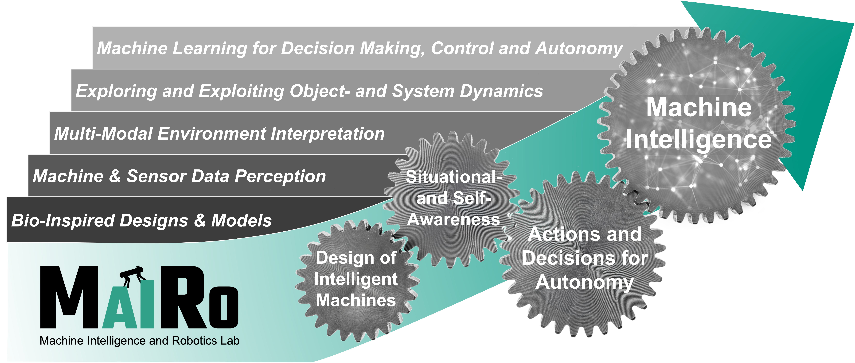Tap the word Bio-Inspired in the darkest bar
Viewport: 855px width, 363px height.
63,220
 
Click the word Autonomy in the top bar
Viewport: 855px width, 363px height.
579,48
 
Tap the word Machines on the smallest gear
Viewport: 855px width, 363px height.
356,300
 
